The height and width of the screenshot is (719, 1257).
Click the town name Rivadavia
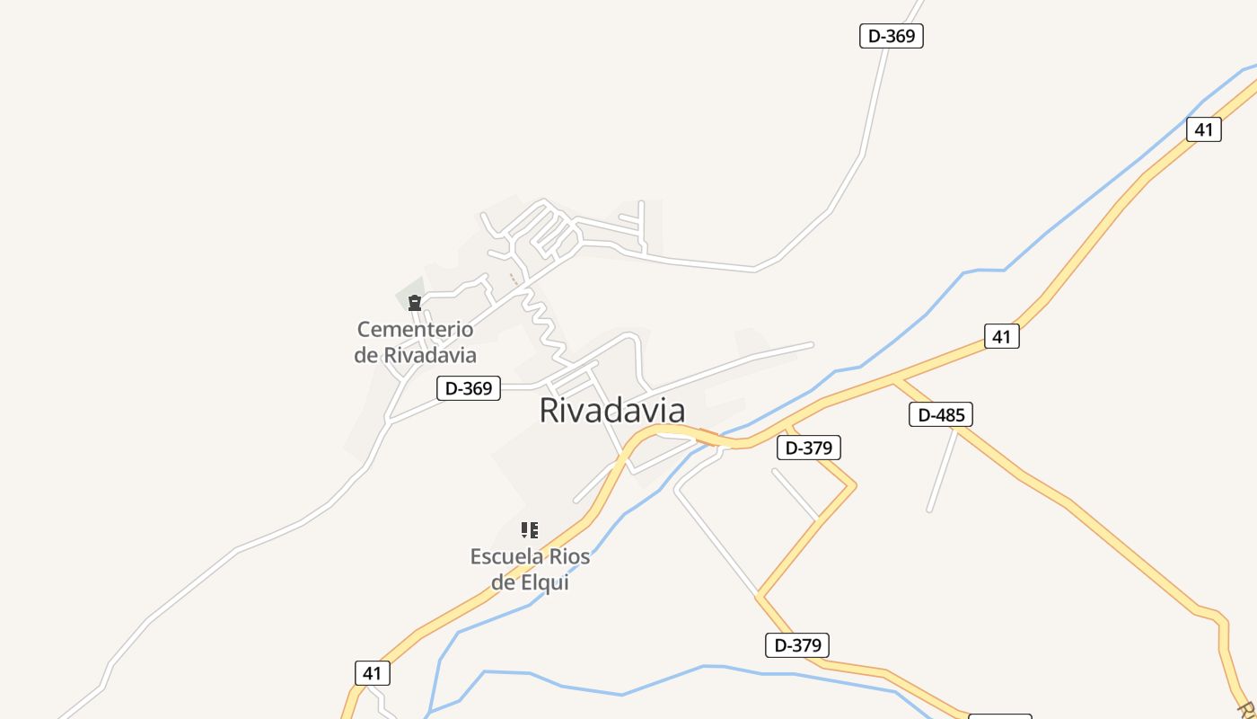pos(611,410)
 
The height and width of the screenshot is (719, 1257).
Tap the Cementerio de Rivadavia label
pos(415,342)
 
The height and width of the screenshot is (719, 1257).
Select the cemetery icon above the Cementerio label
pos(415,303)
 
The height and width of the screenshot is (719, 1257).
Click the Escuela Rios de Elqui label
pos(530,569)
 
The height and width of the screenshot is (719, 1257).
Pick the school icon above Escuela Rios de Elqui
pos(530,530)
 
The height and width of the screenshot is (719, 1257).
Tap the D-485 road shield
pos(941,414)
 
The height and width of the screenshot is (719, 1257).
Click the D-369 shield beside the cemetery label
pos(468,388)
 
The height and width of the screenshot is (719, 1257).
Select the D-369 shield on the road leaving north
pos(891,36)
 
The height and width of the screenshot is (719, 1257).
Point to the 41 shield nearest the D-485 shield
pos(1001,336)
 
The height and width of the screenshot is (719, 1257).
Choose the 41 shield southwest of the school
pos(373,672)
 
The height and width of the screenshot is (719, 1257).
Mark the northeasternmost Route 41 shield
pos(1203,129)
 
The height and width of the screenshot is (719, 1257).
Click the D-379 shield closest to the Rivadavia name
pos(808,448)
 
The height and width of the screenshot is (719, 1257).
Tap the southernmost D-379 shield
pos(797,644)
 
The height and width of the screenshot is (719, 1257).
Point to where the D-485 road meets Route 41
pos(895,380)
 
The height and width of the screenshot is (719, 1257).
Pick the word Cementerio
pos(415,329)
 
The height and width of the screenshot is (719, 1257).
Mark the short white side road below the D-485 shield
pos(943,472)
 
